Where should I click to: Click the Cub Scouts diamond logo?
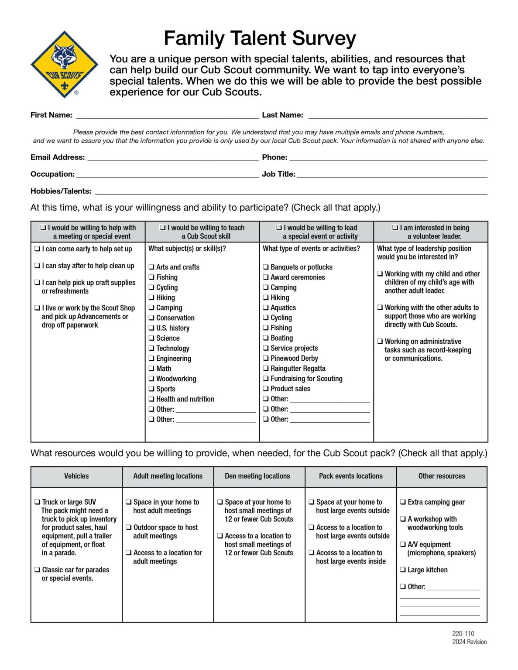[x=65, y=64]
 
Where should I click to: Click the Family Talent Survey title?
[x=260, y=38]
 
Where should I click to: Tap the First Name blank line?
[x=167, y=116]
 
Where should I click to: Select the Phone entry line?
[x=388, y=158]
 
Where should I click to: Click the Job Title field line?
[x=392, y=174]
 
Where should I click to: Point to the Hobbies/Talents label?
[x=61, y=191]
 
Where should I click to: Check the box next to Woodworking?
[x=151, y=379]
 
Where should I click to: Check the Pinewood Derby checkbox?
[x=266, y=359]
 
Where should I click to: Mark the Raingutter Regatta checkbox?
[x=266, y=369]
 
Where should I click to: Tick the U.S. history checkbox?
[x=151, y=328]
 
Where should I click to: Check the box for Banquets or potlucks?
[x=266, y=267]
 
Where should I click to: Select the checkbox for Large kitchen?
[x=403, y=570]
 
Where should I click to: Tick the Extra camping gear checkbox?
[x=403, y=502]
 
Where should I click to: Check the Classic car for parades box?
[x=38, y=570]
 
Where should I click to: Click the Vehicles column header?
[x=76, y=476]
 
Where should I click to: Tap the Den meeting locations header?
[x=257, y=476]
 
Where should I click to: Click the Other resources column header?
[x=442, y=476]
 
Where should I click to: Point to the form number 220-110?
[x=463, y=634]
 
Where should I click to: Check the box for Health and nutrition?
[x=151, y=399]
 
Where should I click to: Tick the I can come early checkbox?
[x=38, y=249]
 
